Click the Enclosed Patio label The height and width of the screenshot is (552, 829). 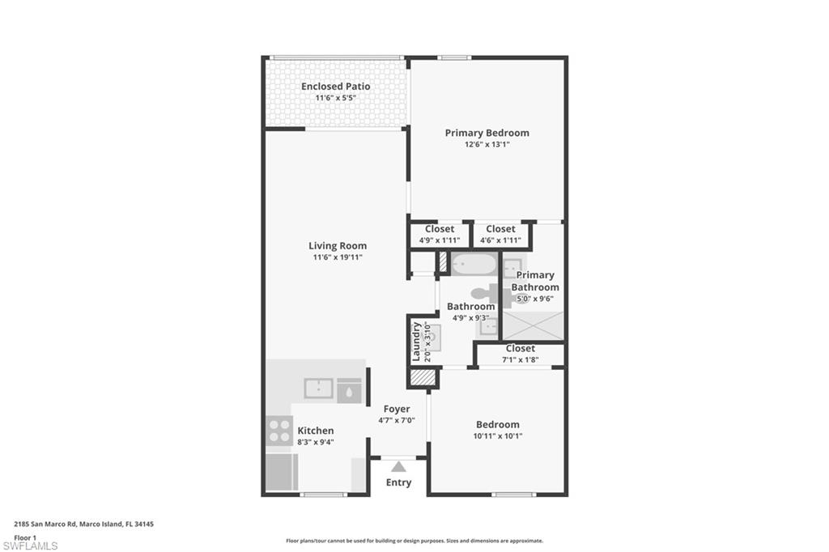335,86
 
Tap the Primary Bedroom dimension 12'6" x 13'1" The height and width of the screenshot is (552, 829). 487,145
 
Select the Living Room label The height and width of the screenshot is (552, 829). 337,246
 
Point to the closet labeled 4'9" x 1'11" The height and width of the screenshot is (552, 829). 439,235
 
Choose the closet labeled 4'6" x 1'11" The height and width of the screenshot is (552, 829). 500,235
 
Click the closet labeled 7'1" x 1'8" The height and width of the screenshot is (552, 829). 520,354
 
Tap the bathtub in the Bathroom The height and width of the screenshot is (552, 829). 473,264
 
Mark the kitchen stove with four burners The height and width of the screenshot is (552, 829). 279,430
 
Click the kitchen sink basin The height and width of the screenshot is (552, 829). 318,389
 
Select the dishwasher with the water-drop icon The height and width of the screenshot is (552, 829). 349,389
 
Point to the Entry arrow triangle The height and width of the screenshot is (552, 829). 397,466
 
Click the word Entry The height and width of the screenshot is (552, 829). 398,482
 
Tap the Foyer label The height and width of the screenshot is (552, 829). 397,409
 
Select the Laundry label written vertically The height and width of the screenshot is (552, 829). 417,341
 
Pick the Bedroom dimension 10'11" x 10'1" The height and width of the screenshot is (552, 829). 497,436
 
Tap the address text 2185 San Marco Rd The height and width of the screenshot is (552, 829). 45,524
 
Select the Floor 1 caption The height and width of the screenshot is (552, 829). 25,537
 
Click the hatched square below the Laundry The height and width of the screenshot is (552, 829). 423,376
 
